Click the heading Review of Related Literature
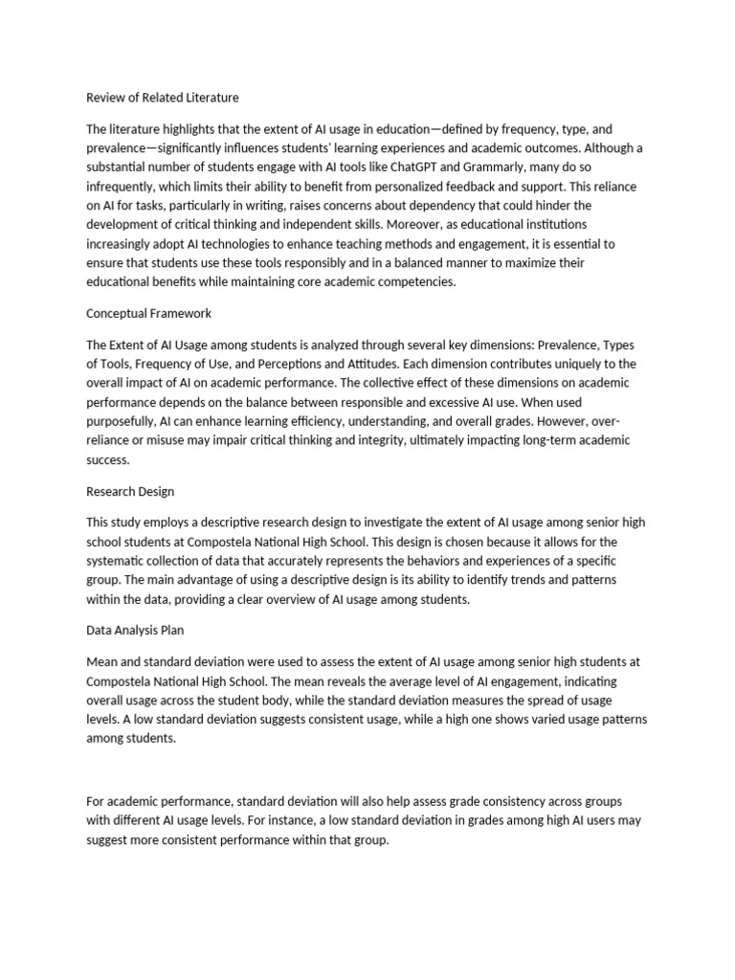point(162,98)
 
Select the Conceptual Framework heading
point(148,313)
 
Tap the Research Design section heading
point(130,491)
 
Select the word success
point(107,459)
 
